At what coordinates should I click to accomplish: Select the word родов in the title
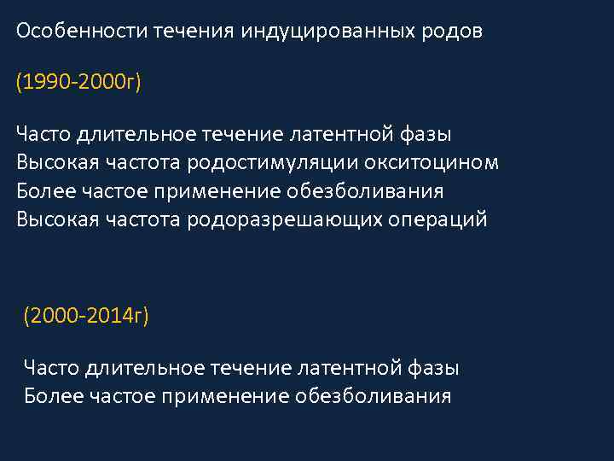(x=455, y=32)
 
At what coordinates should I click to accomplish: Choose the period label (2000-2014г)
(x=86, y=317)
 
